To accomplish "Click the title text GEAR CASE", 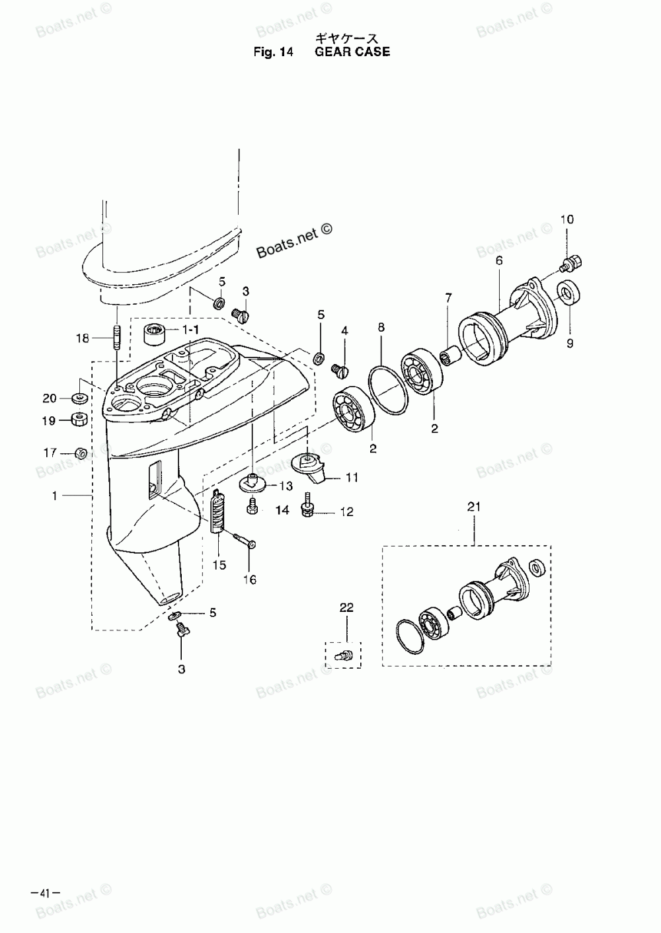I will [x=352, y=52].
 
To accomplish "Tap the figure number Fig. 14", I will [x=273, y=52].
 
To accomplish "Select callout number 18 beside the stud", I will [x=82, y=338].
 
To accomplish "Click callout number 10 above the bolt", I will [x=568, y=220].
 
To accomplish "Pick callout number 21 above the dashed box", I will [x=474, y=508].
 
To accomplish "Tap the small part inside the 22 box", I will [x=344, y=653].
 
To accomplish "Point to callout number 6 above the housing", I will [x=499, y=262].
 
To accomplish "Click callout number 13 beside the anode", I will [x=286, y=486].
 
